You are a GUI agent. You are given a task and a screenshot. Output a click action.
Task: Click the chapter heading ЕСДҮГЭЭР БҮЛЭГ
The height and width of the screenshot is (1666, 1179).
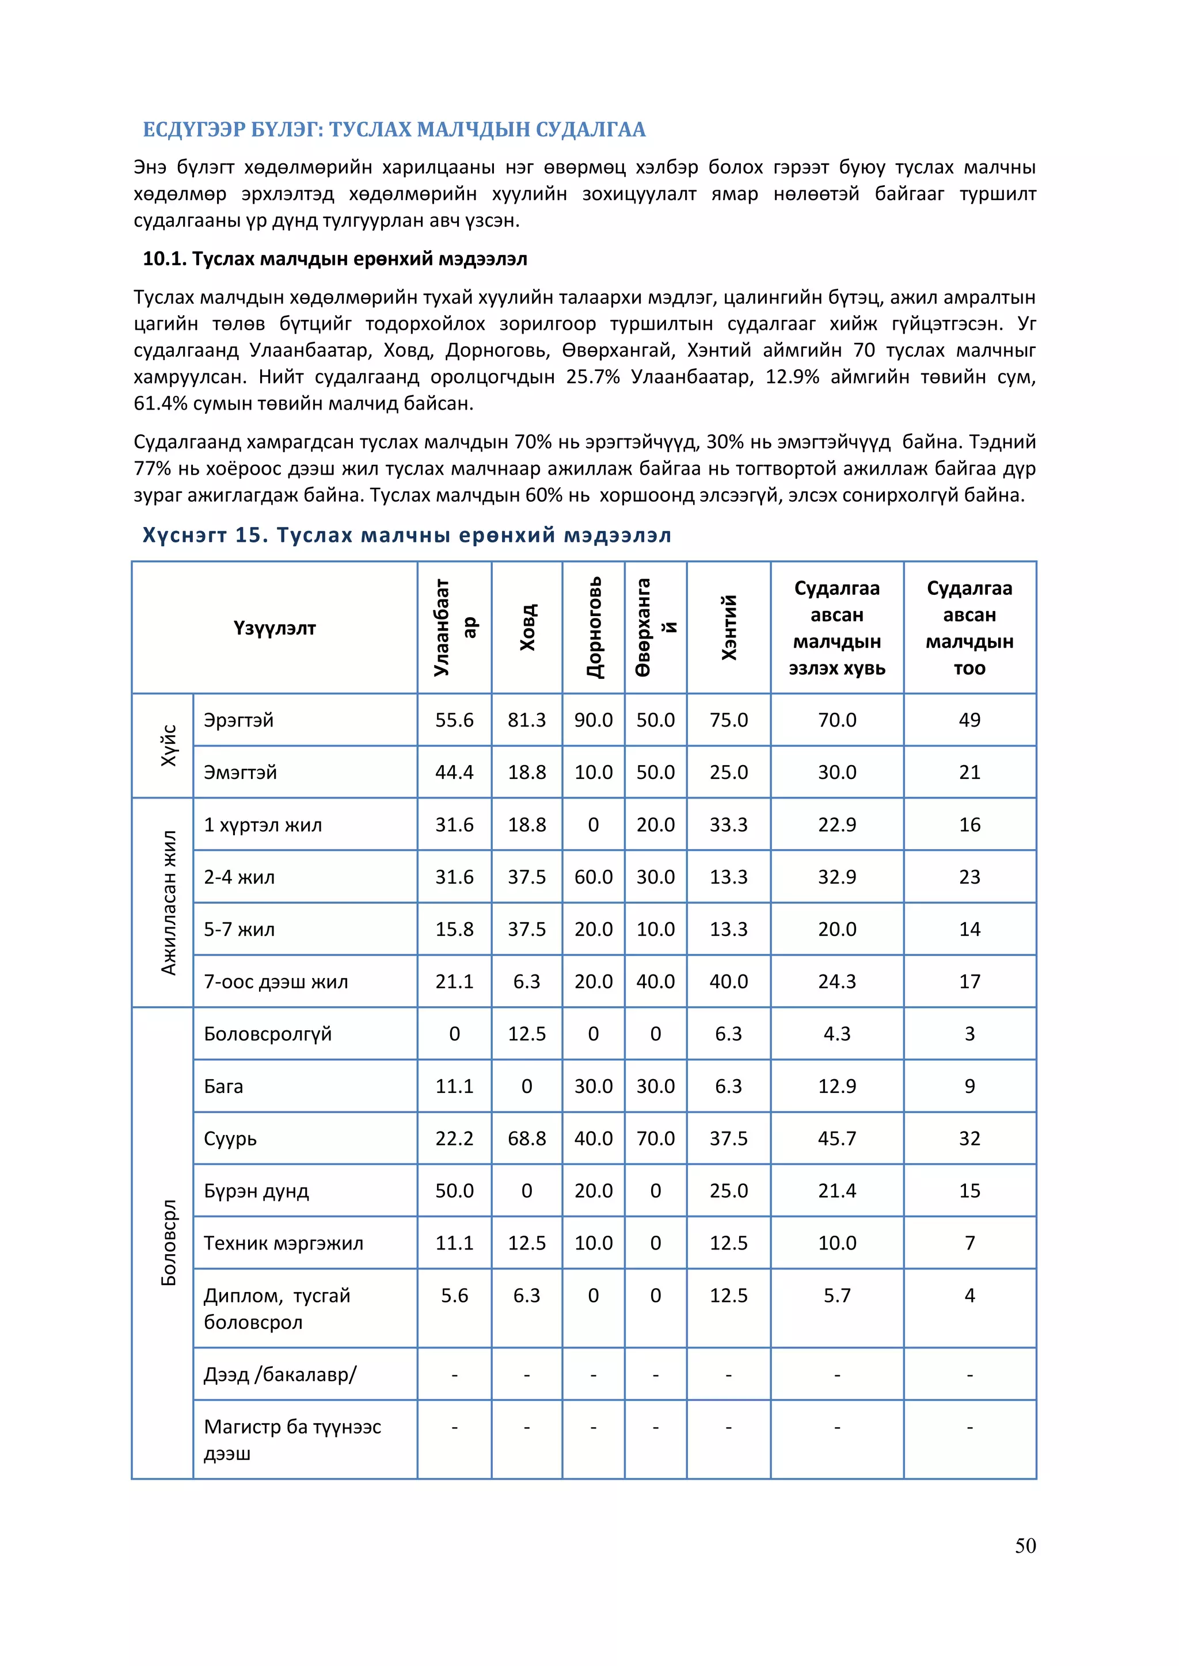click(x=394, y=130)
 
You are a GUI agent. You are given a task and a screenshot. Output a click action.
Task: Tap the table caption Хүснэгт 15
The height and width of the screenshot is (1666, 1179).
click(x=406, y=536)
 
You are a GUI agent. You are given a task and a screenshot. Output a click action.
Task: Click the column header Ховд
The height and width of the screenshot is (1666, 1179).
click(x=527, y=628)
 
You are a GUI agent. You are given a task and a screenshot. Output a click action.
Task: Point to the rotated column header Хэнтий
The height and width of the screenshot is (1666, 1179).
click(x=728, y=628)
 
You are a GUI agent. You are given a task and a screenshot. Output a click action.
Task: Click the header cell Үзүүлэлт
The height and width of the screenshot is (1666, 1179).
click(x=275, y=628)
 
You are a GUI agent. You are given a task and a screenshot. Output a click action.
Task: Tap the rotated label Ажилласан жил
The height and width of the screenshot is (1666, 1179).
click(x=169, y=903)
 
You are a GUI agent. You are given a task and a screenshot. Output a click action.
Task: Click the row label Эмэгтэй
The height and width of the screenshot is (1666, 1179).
click(x=240, y=772)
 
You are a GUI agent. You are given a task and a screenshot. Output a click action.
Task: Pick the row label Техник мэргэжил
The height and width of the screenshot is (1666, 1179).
click(x=283, y=1243)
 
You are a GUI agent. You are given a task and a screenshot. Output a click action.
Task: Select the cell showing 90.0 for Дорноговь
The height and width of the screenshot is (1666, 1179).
click(x=593, y=720)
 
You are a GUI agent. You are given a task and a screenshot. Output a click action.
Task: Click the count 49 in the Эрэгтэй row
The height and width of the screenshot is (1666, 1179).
click(x=969, y=720)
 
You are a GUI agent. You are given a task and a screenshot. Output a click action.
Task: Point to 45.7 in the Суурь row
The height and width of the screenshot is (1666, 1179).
click(x=836, y=1138)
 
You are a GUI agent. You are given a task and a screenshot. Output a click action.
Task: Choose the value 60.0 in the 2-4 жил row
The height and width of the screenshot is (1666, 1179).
click(x=593, y=877)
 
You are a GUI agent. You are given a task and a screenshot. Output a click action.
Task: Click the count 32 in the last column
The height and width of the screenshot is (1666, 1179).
click(x=969, y=1138)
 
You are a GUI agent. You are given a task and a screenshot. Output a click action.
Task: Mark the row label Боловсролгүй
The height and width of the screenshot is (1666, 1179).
click(x=267, y=1034)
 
